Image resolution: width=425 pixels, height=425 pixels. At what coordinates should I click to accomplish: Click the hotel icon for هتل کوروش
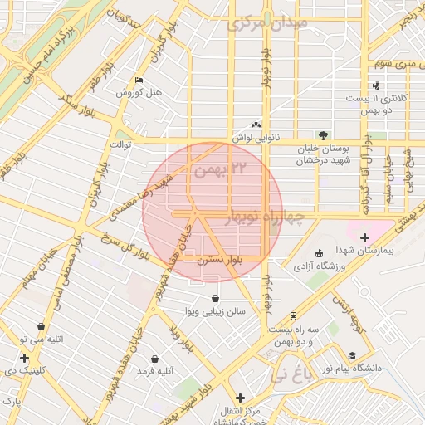139,80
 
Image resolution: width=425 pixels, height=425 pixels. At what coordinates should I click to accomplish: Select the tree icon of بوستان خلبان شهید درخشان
323,135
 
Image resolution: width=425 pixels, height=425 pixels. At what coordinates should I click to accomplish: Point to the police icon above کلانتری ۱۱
378,85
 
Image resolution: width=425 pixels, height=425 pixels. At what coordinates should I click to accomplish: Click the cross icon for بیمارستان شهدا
364,237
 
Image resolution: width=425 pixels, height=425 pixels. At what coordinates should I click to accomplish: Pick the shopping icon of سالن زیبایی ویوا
216,299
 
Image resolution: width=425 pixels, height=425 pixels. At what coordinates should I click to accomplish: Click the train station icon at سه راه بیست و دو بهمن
293,316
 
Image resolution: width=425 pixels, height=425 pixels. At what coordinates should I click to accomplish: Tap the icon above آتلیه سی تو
41,327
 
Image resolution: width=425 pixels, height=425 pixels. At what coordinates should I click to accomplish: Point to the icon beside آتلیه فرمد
154,359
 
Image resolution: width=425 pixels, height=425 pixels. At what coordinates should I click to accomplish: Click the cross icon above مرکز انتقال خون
240,398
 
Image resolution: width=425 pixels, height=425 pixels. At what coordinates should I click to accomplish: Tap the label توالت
112,144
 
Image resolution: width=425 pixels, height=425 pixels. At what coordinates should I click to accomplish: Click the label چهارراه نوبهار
266,217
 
